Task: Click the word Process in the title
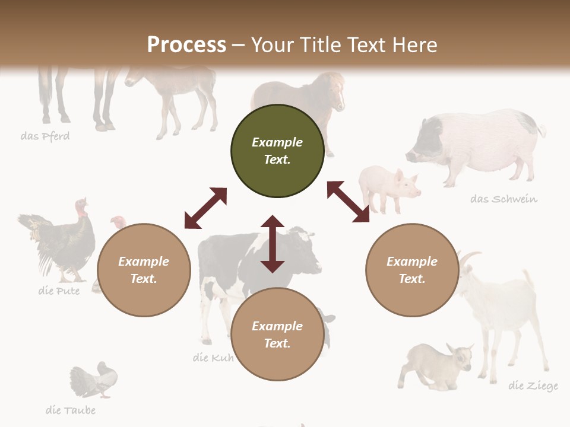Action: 186,44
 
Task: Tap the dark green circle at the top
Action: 277,151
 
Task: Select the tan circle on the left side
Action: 144,270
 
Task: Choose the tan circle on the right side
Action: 412,270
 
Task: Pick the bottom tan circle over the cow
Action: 277,334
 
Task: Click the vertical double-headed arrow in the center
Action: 273,244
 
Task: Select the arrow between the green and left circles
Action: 205,208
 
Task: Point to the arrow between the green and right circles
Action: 348,202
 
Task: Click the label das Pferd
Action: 45,136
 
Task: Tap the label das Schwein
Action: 503,199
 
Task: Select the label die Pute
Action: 59,291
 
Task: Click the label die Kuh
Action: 213,358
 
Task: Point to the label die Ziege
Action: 533,386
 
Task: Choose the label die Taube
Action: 70,410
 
